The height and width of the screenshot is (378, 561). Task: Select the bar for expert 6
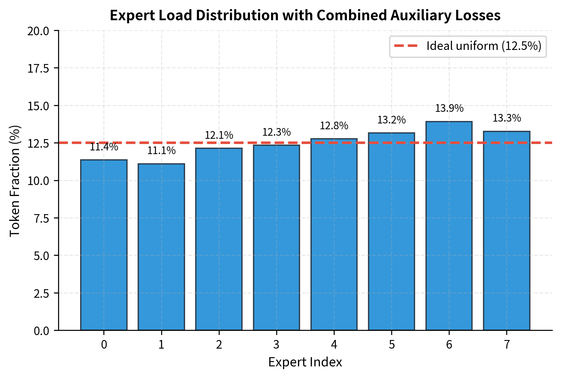pos(449,227)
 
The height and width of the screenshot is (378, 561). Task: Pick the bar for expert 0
pos(104,245)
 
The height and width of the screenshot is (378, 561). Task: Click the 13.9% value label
pos(449,108)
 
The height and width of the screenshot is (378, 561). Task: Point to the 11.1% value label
pos(161,150)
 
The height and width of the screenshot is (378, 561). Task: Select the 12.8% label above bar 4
pos(334,126)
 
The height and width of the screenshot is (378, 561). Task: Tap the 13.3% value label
pos(507,118)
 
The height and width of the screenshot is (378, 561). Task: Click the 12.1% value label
pos(219,135)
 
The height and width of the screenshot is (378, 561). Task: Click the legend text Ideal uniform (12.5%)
pos(484,46)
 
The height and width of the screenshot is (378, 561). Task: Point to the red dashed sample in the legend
pos(406,46)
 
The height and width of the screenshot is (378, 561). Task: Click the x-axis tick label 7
pos(507,345)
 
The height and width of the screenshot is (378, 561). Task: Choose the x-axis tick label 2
pos(219,345)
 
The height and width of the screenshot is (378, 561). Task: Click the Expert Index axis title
pos(305,362)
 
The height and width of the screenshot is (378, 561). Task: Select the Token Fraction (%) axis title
pos(15,181)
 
